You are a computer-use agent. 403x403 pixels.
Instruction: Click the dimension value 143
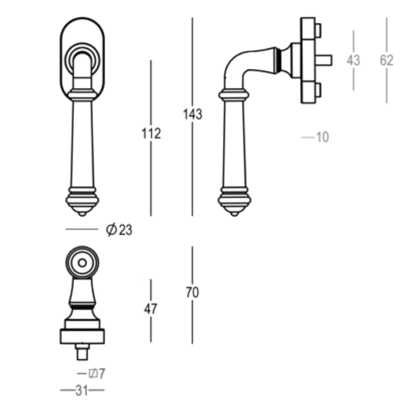pos(192,114)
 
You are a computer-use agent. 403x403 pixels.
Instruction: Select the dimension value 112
pos(151,133)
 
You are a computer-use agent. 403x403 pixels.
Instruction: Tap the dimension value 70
pos(192,293)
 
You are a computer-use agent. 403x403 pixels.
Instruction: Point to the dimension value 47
pos(151,309)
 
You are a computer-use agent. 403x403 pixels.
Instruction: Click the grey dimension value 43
pos(353,60)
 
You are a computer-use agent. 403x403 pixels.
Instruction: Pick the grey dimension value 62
pos(386,60)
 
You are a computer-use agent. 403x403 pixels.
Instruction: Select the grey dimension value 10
pos(322,137)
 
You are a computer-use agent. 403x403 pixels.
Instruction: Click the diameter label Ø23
pos(119,230)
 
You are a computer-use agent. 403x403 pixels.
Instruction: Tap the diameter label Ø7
pos(97,373)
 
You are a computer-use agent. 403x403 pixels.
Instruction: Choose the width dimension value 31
pos(82,390)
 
